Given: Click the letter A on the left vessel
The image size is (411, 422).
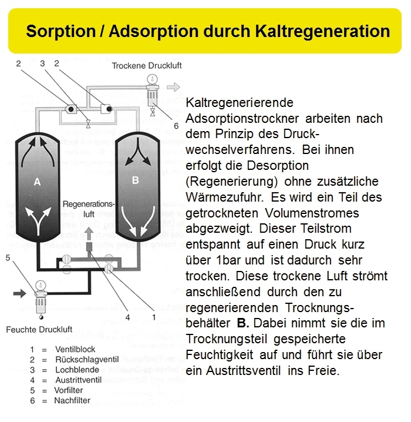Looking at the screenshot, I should click(x=36, y=182).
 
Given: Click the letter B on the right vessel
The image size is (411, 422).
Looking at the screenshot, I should click(x=135, y=180).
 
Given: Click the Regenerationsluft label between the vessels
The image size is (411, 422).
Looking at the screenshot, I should click(x=86, y=209).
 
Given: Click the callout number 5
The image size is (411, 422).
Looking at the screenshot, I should click(x=8, y=257).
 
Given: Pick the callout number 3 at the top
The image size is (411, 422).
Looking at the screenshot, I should click(x=42, y=63).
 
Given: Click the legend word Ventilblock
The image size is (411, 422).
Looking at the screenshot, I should click(x=75, y=349).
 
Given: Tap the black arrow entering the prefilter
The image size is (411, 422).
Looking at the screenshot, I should click(x=20, y=292).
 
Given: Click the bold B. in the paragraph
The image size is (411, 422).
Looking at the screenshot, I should click(x=243, y=323).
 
